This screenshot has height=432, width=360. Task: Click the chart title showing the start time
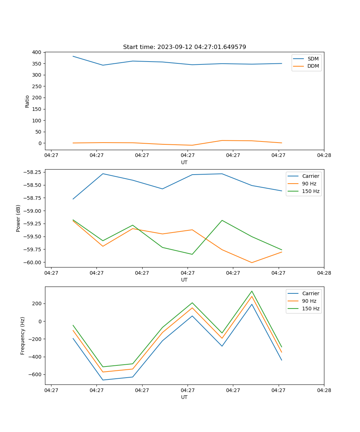[184, 47]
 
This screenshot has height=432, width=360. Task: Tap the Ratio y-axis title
[27, 101]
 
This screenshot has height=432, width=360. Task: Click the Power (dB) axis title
[18, 218]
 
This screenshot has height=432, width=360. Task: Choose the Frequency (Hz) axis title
[23, 336]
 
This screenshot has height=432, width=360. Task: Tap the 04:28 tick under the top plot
[324, 156]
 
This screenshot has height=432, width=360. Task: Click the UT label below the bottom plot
[184, 397]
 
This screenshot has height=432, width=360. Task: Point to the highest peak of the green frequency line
[252, 291]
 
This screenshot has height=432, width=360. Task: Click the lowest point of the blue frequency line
[103, 380]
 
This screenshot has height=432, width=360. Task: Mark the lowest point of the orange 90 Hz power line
[252, 262]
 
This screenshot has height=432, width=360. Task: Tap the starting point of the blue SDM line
[73, 56]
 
